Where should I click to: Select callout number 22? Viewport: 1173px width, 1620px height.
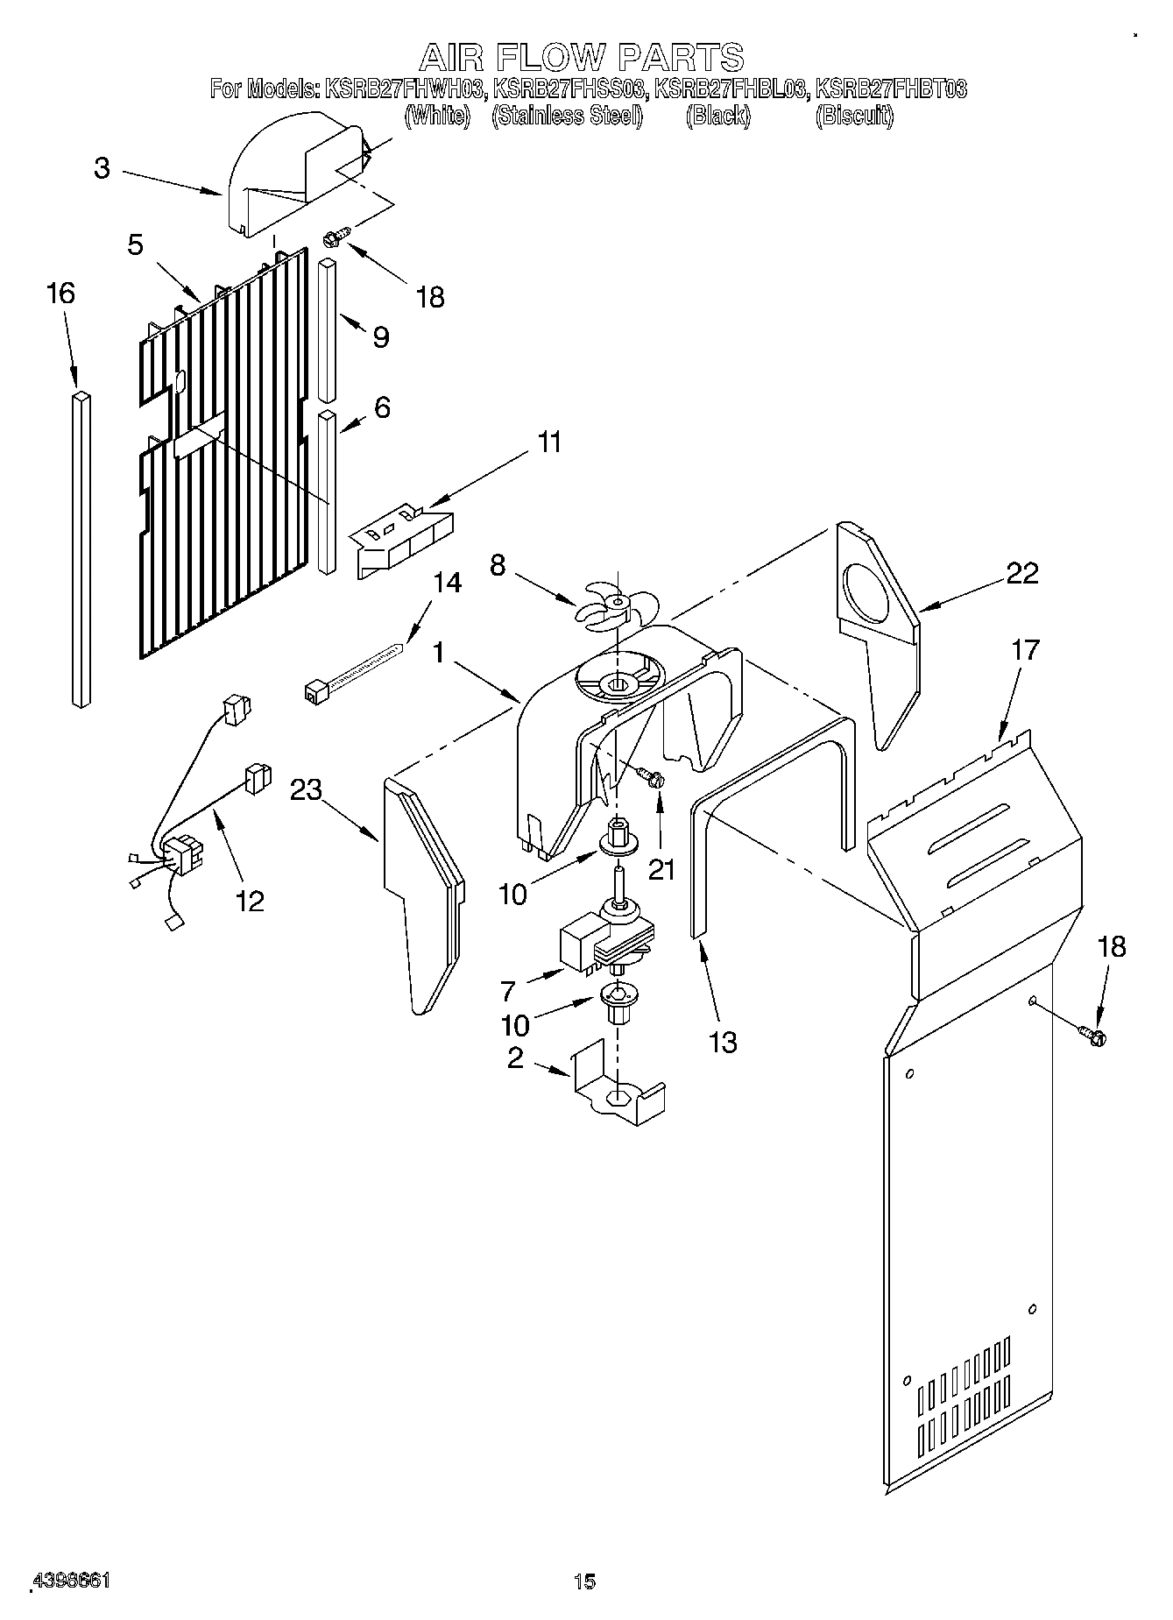point(1021,574)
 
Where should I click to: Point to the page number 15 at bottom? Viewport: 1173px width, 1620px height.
point(585,1581)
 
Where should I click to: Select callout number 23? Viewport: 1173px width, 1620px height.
point(307,789)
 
